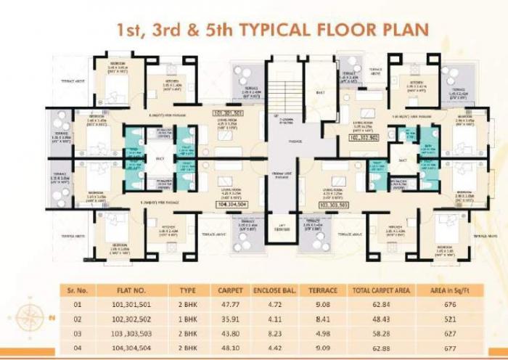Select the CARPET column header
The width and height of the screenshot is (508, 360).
[231, 290]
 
